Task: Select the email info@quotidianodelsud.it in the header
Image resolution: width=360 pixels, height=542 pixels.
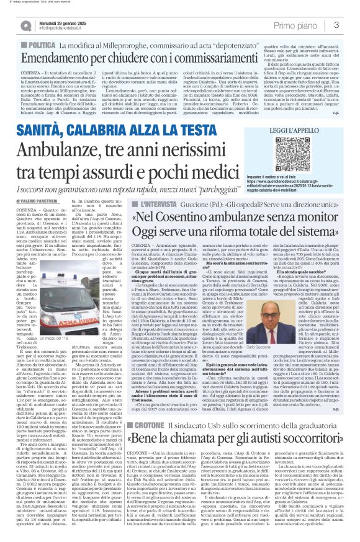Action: pyautogui.click(x=63, y=29)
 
